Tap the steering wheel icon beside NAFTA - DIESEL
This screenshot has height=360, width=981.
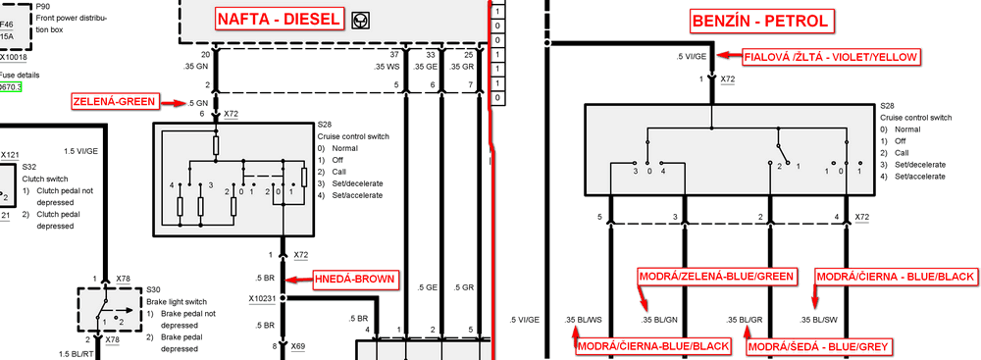pyautogui.click(x=364, y=19)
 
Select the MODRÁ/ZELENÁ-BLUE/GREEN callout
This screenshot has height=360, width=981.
pyautogui.click(x=716, y=278)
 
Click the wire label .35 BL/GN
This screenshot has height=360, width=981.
pyautogui.click(x=659, y=320)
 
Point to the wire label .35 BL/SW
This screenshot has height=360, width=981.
pyautogui.click(x=819, y=320)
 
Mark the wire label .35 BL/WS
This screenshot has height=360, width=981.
pyautogui.click(x=584, y=320)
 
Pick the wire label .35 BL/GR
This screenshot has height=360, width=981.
pyautogui.click(x=744, y=320)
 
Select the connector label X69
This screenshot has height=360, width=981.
pyautogui.click(x=296, y=346)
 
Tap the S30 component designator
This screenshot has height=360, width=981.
pyautogui.click(x=153, y=289)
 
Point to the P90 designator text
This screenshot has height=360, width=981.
pyautogui.click(x=42, y=5)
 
